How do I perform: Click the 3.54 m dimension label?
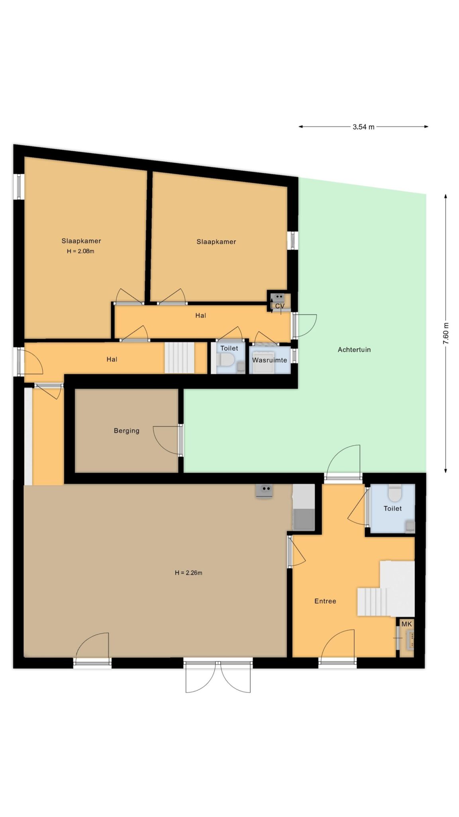click(363, 127)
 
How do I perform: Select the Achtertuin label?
click(354, 350)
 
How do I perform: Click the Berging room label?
click(127, 431)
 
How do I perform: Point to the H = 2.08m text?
click(80, 251)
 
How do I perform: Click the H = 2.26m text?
click(188, 573)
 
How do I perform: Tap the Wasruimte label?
click(269, 360)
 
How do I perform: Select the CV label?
click(280, 306)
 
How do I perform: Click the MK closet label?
click(406, 624)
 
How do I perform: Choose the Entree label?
click(325, 601)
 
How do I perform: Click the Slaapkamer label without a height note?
click(216, 242)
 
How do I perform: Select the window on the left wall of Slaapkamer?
click(19, 187)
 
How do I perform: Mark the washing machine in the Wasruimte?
click(264, 363)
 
